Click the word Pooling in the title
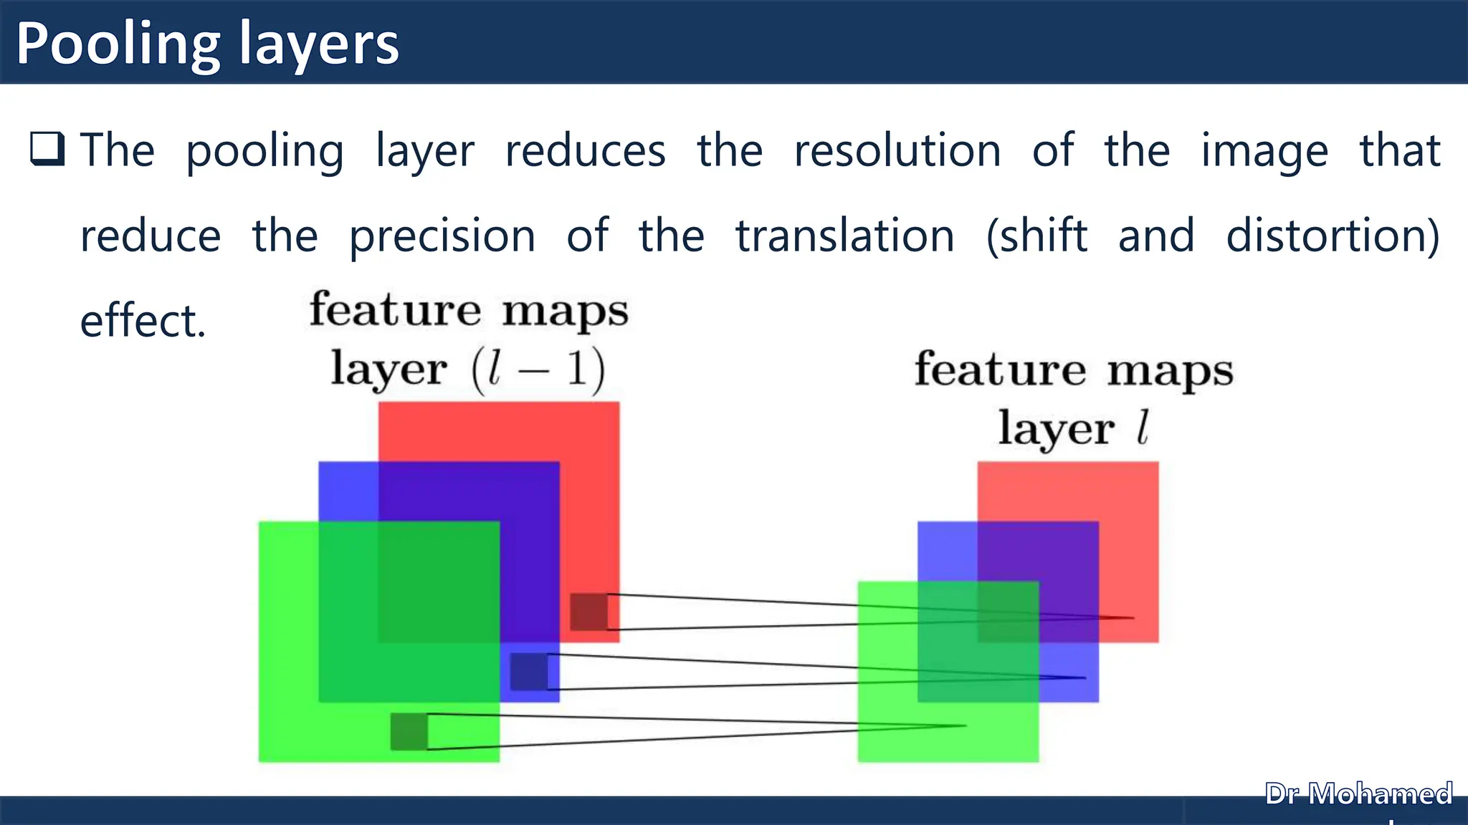pos(118,44)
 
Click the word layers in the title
pos(318,44)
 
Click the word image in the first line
pos(1264,152)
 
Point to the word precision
pos(442,236)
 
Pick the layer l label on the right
pos(1073,429)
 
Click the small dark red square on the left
pos(588,612)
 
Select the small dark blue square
pos(529,672)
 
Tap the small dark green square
pos(409,731)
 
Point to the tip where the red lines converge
pos(1133,617)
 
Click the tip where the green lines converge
pos(965,725)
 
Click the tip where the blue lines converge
pos(1084,677)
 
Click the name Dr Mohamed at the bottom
pos(1358,794)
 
